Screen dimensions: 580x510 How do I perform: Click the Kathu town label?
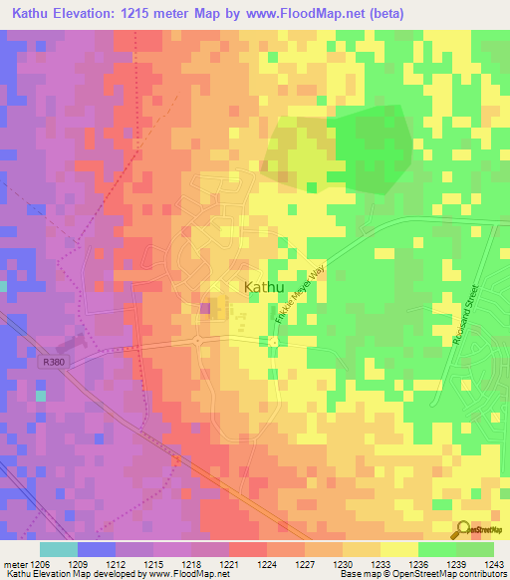pos(261,286)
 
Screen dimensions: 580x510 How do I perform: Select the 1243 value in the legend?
pos(494,563)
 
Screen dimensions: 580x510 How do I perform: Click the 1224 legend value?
pos(267,563)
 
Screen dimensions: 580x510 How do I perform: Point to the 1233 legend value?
pos(382,563)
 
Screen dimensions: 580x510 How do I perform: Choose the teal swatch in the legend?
pos(58,549)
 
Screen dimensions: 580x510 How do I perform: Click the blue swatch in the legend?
pos(96,549)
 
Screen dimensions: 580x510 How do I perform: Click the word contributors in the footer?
pos(481,574)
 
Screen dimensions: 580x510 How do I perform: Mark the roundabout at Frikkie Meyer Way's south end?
pos(273,342)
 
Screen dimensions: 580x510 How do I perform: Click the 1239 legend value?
pos(456,563)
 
